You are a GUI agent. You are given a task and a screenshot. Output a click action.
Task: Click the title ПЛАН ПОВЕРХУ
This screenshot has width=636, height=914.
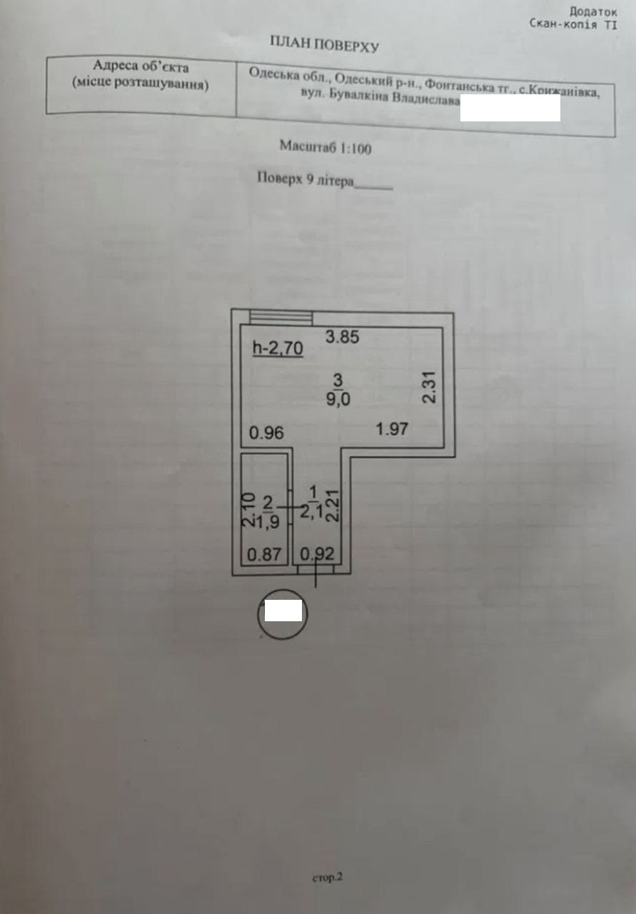tap(324, 44)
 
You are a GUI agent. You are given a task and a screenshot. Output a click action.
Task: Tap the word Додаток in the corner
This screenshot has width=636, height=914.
tap(594, 11)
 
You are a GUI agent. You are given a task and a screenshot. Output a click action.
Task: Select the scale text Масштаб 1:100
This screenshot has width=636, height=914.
tap(325, 147)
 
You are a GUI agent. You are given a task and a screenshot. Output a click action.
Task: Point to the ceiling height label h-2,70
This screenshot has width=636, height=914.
tap(278, 348)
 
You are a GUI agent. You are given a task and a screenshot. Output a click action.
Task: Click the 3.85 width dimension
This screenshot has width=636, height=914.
tap(343, 337)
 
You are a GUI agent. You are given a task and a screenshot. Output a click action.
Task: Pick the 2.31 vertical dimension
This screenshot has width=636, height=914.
tap(429, 387)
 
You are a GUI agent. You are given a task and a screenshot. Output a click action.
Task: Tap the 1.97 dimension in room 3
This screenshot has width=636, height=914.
tap(392, 429)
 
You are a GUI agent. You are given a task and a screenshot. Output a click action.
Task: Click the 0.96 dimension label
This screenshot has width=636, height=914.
tap(266, 433)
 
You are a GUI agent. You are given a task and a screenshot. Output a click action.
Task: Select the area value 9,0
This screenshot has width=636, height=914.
tap(338, 399)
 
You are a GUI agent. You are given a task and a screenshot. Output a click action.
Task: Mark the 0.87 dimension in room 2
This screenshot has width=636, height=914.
tap(264, 555)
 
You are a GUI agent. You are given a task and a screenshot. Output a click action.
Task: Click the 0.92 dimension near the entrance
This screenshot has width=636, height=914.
tap(318, 553)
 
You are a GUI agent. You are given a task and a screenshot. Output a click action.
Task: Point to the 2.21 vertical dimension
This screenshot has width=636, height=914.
tap(333, 506)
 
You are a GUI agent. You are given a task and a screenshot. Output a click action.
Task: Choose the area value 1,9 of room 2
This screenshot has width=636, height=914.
tap(267, 522)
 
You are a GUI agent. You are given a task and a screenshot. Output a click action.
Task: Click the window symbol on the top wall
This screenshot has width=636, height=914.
tap(281, 318)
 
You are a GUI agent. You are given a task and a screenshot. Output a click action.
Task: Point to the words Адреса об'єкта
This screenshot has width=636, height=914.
tap(141, 66)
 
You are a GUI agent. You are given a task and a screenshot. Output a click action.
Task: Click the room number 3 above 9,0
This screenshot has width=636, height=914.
tap(338, 381)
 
